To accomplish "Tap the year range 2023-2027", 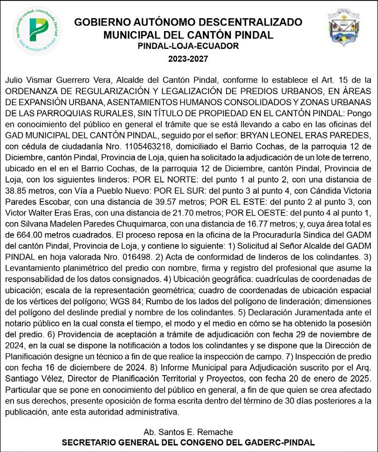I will (x=188, y=59).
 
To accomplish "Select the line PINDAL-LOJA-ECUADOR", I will (x=188, y=46).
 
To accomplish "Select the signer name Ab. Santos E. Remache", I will (x=188, y=432).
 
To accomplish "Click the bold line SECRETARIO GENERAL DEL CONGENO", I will (x=188, y=442).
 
